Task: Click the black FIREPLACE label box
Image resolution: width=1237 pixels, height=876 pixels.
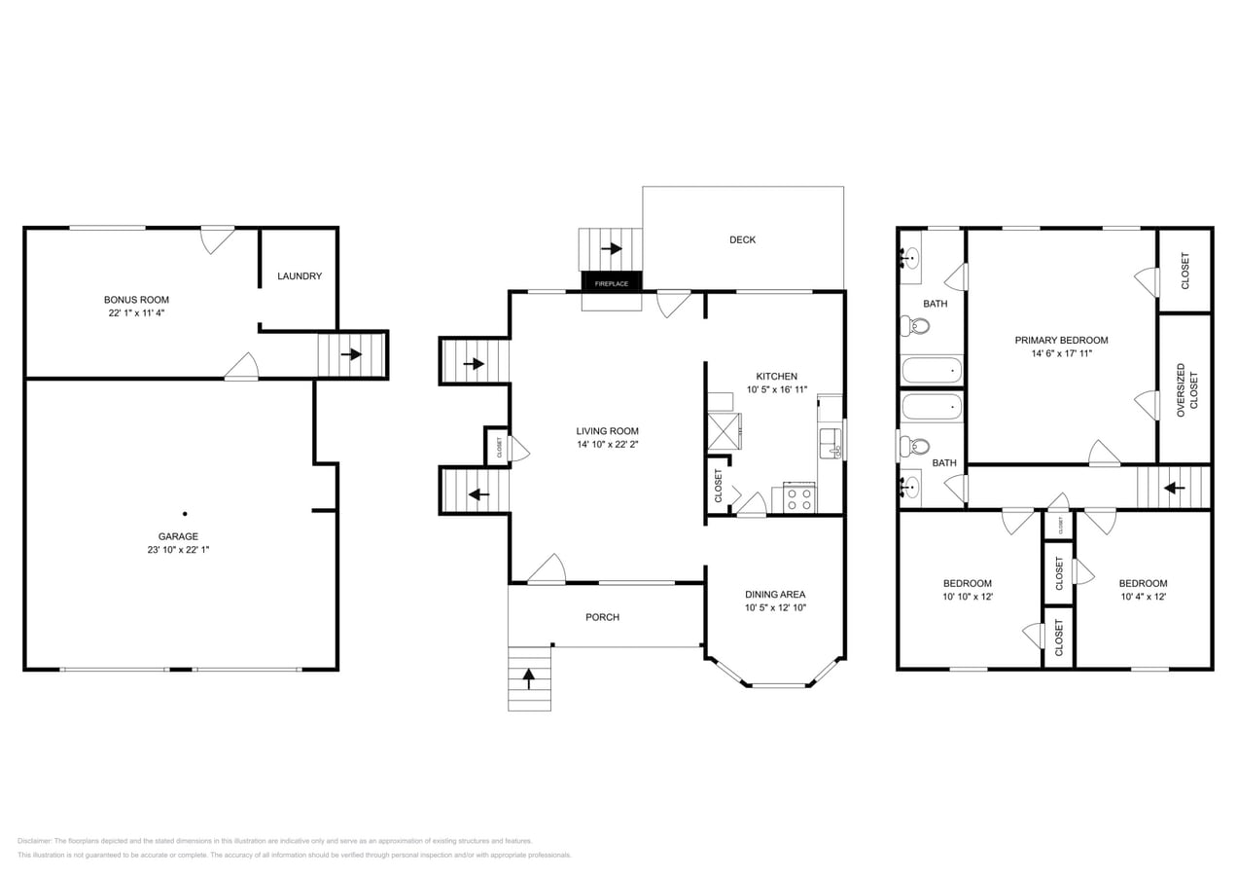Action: pyautogui.click(x=612, y=283)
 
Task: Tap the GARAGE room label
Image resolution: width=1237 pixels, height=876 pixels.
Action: pyautogui.click(x=178, y=536)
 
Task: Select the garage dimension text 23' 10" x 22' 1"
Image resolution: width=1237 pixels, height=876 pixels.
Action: pyautogui.click(x=178, y=550)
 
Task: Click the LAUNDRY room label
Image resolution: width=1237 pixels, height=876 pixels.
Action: pyautogui.click(x=300, y=276)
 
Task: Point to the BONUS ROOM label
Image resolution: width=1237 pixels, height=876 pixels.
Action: pyautogui.click(x=136, y=300)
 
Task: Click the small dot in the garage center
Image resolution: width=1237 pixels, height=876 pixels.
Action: pyautogui.click(x=184, y=513)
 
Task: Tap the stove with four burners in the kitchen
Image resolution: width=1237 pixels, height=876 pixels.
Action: pyautogui.click(x=798, y=499)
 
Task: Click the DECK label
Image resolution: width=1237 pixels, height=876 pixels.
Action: pyautogui.click(x=743, y=239)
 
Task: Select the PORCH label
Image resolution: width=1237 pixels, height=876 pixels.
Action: pyautogui.click(x=602, y=617)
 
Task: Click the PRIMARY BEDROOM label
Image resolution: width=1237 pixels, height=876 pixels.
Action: pyautogui.click(x=1061, y=340)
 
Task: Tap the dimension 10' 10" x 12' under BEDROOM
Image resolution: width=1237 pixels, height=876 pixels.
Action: pyautogui.click(x=968, y=597)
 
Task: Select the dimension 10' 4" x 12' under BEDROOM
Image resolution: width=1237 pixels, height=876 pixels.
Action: pyautogui.click(x=1143, y=597)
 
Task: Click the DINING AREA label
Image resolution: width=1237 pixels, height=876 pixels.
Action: pyautogui.click(x=775, y=594)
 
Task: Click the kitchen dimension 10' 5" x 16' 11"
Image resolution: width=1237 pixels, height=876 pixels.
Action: pyautogui.click(x=777, y=389)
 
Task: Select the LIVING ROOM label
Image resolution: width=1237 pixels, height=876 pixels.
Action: pyautogui.click(x=607, y=431)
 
